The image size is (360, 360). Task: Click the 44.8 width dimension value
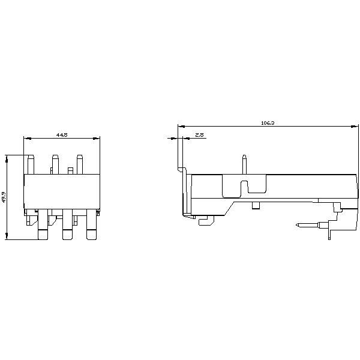(61, 136)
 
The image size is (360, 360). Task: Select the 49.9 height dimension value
(4, 197)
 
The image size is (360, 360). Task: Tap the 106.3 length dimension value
(268, 123)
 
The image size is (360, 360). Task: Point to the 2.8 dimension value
(200, 136)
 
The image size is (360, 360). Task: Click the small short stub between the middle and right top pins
(70, 171)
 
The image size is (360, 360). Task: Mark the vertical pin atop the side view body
(244, 164)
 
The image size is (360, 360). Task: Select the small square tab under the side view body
(256, 206)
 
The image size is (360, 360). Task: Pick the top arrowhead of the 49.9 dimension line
(7, 158)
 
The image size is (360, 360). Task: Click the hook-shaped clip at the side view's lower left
(205, 221)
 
